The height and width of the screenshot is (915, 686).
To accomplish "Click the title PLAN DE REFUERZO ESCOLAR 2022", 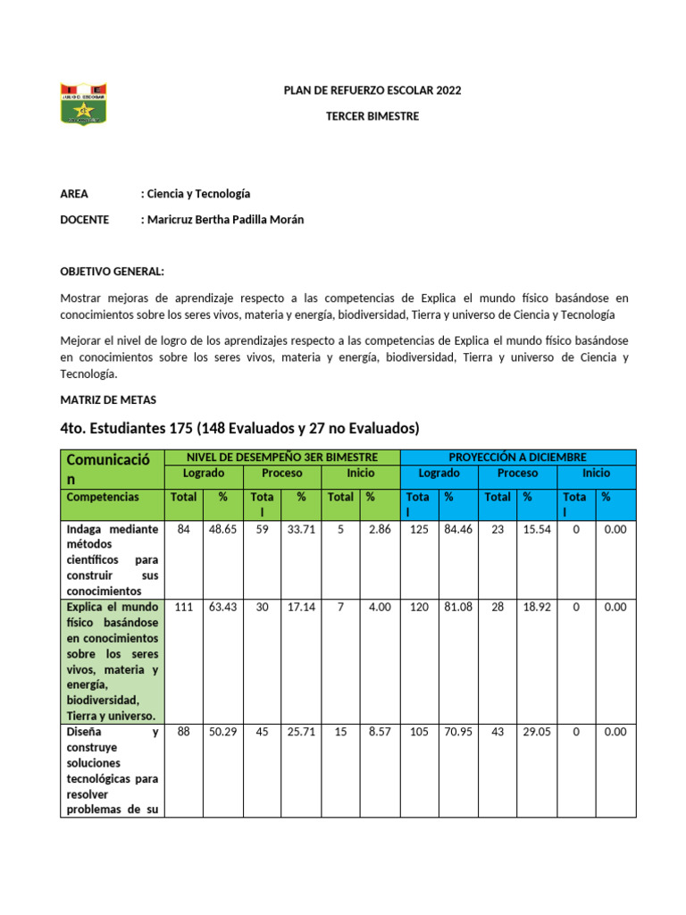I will click(x=372, y=91).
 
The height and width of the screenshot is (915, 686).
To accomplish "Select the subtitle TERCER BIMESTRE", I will click(x=372, y=117).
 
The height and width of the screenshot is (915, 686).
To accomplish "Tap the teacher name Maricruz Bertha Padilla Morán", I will click(x=224, y=220).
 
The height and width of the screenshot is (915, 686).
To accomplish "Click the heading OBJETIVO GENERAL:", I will click(x=112, y=272).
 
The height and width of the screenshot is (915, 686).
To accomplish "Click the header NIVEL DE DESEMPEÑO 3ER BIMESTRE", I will click(x=281, y=457).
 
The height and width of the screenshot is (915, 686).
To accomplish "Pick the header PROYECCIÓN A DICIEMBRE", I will click(x=517, y=457).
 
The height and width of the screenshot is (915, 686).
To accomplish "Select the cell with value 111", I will click(x=185, y=608).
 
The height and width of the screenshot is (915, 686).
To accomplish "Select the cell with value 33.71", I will click(x=300, y=530).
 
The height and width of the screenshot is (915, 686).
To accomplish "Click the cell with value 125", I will click(x=418, y=530).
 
